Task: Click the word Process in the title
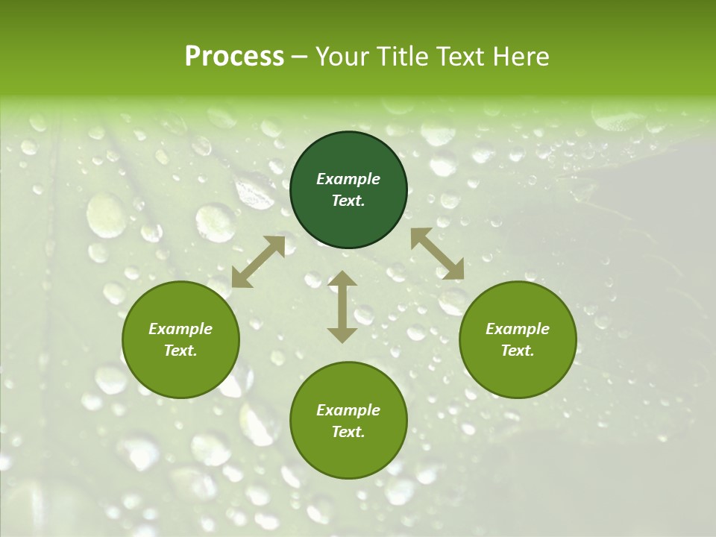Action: point(234,57)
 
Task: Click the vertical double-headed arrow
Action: point(342,307)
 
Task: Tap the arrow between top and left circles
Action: point(258,262)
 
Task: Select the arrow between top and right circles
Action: point(437,254)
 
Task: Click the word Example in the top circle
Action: point(348,179)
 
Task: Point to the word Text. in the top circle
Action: point(348,201)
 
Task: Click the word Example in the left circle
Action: point(180,329)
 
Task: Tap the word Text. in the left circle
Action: point(180,351)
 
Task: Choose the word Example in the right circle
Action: point(518,329)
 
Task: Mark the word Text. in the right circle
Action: point(518,351)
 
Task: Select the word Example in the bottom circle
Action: point(348,410)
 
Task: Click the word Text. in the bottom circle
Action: point(348,432)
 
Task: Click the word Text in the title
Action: point(461,57)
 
